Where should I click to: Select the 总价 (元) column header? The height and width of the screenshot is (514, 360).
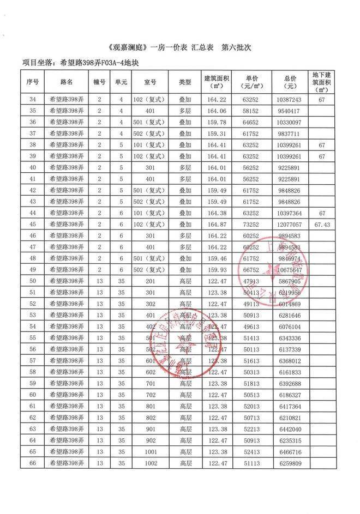[290, 82]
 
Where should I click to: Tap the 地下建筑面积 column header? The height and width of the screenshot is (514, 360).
[326, 82]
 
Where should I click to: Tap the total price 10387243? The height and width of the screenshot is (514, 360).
[290, 100]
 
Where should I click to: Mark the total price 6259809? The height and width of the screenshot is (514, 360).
[290, 463]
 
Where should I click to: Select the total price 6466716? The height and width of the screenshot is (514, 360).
[290, 452]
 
